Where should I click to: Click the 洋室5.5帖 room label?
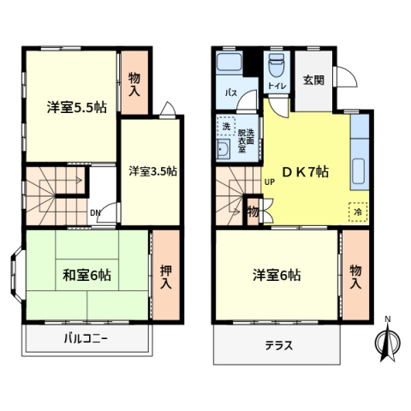[x=76, y=108]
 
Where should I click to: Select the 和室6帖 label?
[x=86, y=275]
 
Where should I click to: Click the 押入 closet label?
[x=166, y=274]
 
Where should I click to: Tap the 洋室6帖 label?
[x=276, y=275]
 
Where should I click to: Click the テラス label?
[x=278, y=347]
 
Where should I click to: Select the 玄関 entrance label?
[x=313, y=81]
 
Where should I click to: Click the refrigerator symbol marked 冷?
[x=356, y=209]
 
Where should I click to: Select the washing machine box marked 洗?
[x=226, y=125]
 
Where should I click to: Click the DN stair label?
[x=96, y=214]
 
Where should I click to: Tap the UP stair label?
[x=269, y=182]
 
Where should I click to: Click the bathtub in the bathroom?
[x=229, y=64]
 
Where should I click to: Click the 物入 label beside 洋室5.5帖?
[x=135, y=82]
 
